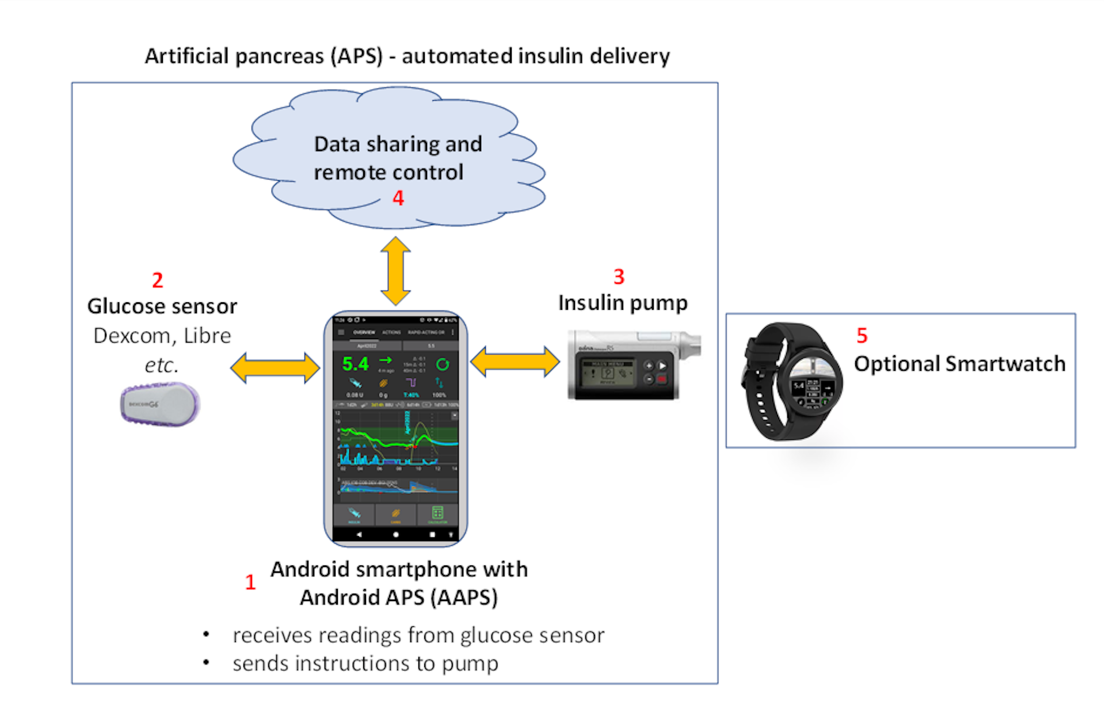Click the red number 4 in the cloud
(x=398, y=198)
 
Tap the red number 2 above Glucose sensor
(x=158, y=280)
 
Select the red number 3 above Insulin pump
(x=619, y=277)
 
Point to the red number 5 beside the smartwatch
(x=862, y=336)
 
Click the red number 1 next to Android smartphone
(x=250, y=583)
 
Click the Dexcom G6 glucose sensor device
(x=161, y=404)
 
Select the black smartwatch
(x=791, y=381)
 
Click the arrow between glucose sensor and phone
(x=275, y=368)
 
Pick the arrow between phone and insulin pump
(x=515, y=362)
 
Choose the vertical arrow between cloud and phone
(x=396, y=271)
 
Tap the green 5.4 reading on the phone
(x=355, y=364)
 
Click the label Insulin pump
(x=623, y=303)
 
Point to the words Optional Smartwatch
(x=959, y=364)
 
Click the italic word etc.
(x=162, y=365)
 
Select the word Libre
(x=207, y=336)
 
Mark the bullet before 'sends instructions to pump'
(x=206, y=663)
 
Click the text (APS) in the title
(x=357, y=56)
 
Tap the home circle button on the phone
(x=396, y=535)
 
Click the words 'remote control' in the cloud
(x=388, y=172)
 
